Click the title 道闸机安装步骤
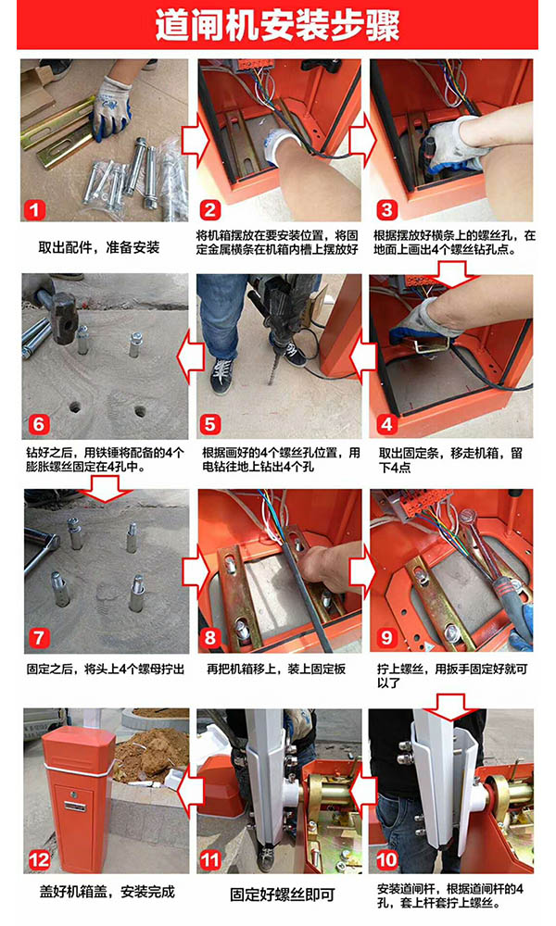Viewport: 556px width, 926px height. [x=277, y=25]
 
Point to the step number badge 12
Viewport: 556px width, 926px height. [x=39, y=858]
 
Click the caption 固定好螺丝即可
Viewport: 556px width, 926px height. [x=279, y=895]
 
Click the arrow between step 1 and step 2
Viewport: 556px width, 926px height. [x=193, y=141]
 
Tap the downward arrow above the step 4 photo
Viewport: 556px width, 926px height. [x=451, y=272]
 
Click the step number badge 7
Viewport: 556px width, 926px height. [x=38, y=639]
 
